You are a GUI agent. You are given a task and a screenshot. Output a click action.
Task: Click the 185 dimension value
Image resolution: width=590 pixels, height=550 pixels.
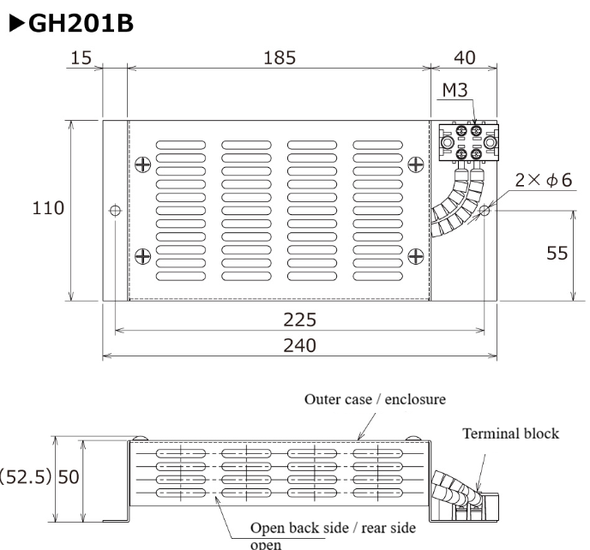[278, 57]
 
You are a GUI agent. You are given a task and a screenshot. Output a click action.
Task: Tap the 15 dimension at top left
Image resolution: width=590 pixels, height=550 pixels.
[83, 57]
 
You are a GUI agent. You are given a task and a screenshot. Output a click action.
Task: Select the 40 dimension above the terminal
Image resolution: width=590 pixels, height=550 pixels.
[464, 57]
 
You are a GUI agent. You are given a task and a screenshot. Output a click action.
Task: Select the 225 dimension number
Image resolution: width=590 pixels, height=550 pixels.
[300, 320]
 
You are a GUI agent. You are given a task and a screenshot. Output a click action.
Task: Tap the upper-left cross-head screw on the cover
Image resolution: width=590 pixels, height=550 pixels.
[142, 163]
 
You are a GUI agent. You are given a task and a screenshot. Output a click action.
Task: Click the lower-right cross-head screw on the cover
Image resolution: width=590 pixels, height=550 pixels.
[415, 253]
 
